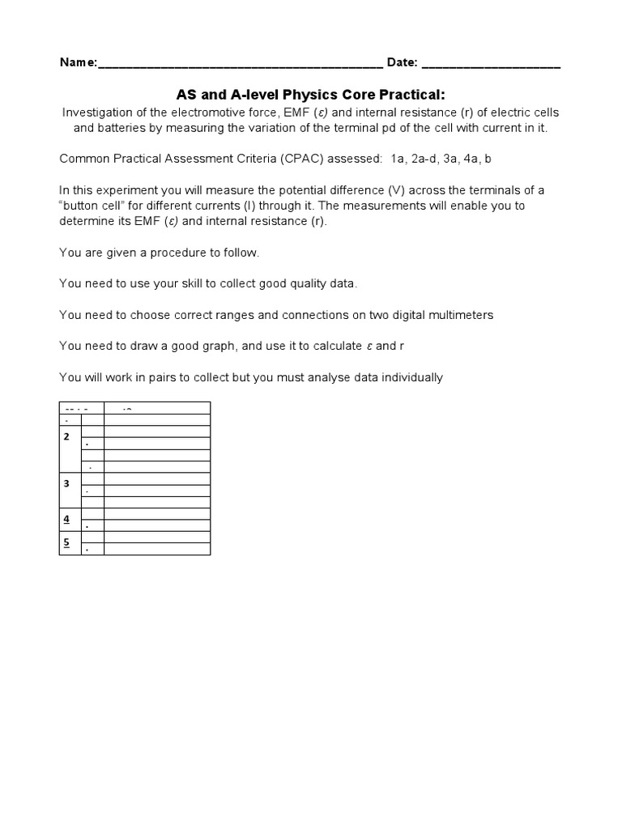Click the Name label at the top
pos(77,63)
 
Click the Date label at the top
pos(403,63)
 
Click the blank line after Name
pos(240,65)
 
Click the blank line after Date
pos(491,65)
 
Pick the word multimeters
pos(461,314)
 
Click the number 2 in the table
pos(67,436)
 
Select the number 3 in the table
pos(67,483)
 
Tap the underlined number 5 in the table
pos(67,542)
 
